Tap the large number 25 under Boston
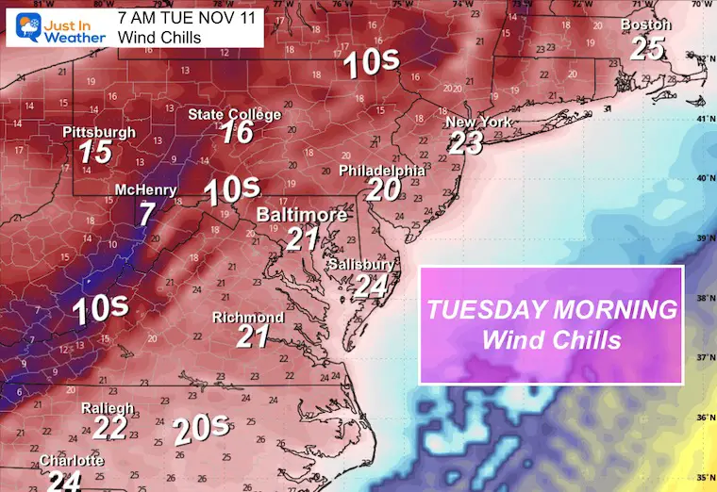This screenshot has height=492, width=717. click(647, 48)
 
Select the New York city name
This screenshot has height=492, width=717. click(478, 123)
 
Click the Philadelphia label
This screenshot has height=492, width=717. click(382, 171)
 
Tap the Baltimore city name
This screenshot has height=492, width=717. click(302, 216)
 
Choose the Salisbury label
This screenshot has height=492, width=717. click(361, 265)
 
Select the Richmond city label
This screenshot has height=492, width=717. click(248, 318)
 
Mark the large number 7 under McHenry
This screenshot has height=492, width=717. click(145, 213)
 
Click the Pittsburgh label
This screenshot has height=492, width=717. click(99, 133)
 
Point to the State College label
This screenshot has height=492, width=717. click(235, 115)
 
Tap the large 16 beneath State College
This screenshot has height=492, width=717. click(238, 133)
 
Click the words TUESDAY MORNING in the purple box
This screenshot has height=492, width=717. click(552, 310)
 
